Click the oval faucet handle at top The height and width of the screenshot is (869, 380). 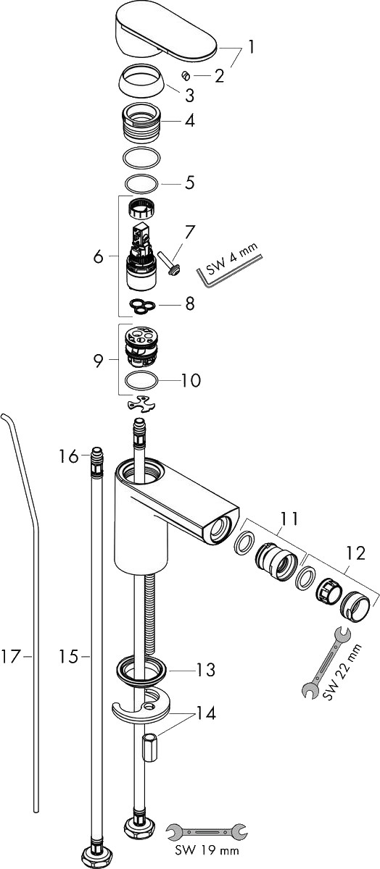165,34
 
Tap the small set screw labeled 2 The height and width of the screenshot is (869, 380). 186,76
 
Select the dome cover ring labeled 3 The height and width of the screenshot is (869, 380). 142,79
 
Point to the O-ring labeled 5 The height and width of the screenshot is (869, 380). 141,182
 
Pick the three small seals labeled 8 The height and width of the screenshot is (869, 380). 143,306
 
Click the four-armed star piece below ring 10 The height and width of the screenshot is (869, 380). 141,403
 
